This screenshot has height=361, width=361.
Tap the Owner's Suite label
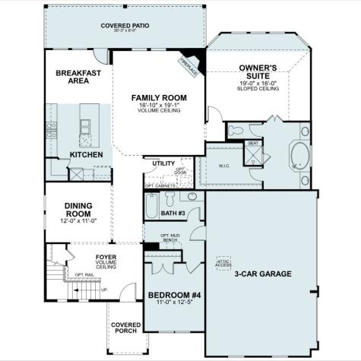point(258,71)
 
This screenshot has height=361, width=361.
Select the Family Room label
point(158,97)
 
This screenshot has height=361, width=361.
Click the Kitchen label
point(86,154)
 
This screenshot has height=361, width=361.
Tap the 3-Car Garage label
point(262,274)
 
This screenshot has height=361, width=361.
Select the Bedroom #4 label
point(174,295)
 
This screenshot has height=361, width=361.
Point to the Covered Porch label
point(125,328)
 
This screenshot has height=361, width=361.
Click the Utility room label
point(163,163)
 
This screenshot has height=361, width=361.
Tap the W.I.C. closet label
point(223,166)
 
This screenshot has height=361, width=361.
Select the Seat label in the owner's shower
point(252,143)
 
